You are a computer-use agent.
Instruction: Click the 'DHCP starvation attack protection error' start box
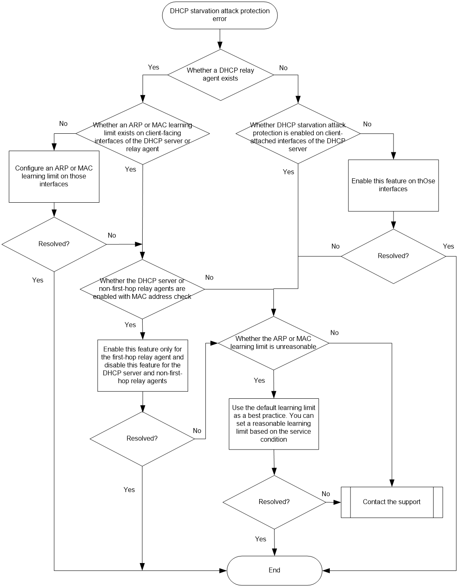[x=219, y=15]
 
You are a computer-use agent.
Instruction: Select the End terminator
[x=274, y=570]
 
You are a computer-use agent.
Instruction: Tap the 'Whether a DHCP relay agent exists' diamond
[x=220, y=75]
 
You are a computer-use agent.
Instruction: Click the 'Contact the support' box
[x=392, y=502]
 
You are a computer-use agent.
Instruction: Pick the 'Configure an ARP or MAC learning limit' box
[x=54, y=176]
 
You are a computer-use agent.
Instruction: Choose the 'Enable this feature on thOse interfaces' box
[x=394, y=185]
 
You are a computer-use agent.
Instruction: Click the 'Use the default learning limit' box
[x=274, y=424]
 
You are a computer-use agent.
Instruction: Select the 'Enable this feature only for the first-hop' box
[x=143, y=365]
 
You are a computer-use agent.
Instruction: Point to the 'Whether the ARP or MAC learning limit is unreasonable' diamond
[x=274, y=343]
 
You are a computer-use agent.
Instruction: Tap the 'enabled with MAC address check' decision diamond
[x=142, y=289]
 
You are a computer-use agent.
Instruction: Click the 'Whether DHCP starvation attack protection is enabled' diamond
[x=298, y=133]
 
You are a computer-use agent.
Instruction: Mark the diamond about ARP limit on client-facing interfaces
[x=143, y=133]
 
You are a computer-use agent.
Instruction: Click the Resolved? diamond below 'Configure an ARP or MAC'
[x=54, y=244]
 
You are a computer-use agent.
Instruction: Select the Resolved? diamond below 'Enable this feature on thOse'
[x=394, y=256]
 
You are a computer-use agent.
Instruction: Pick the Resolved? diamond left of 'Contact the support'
[x=274, y=502]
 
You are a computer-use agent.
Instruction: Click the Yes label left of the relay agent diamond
[x=154, y=67]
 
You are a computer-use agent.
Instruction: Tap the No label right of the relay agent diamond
[x=283, y=68]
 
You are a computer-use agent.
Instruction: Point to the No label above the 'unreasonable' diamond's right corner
[x=334, y=333]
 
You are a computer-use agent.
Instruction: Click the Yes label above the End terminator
[x=261, y=539]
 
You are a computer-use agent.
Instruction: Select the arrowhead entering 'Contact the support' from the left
[x=337, y=502]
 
